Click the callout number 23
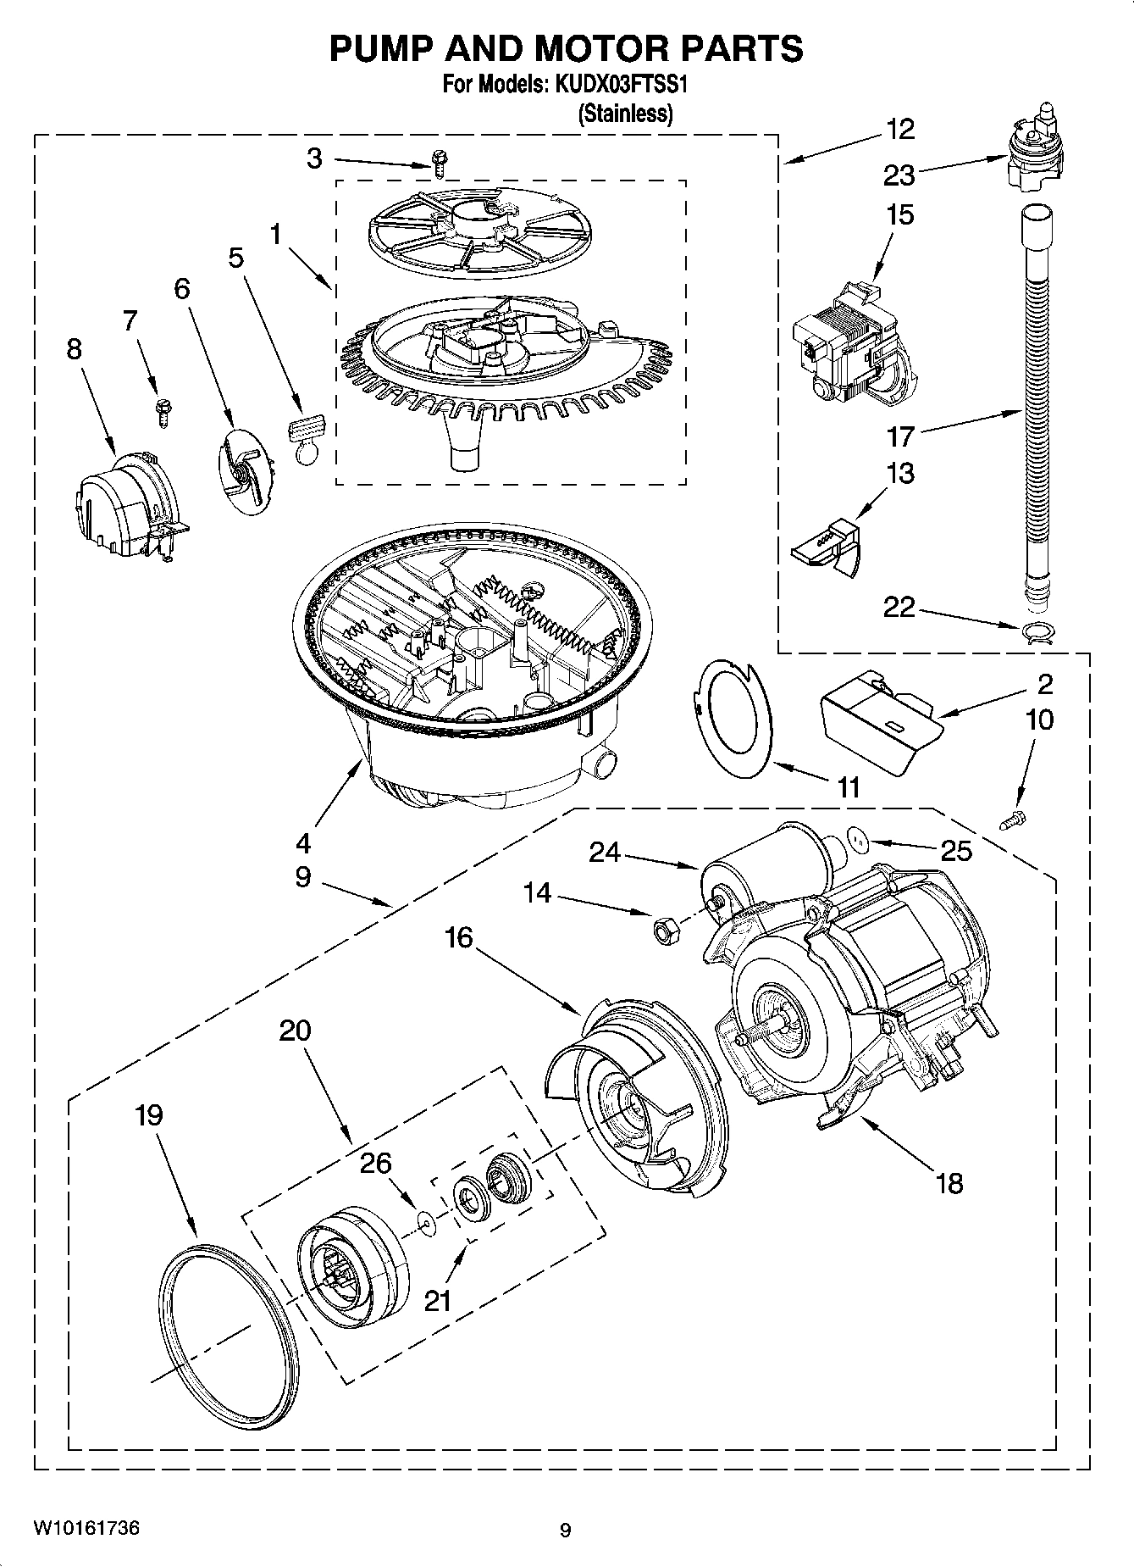899,175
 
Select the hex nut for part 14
663,930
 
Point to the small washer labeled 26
425,1221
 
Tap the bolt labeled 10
1012,820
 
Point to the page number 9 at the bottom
565,1530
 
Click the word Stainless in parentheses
625,114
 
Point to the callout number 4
303,842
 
